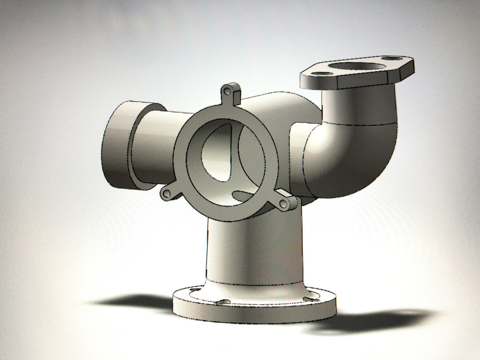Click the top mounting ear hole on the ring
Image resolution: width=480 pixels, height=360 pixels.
227,91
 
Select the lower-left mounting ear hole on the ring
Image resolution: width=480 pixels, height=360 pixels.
167,194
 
